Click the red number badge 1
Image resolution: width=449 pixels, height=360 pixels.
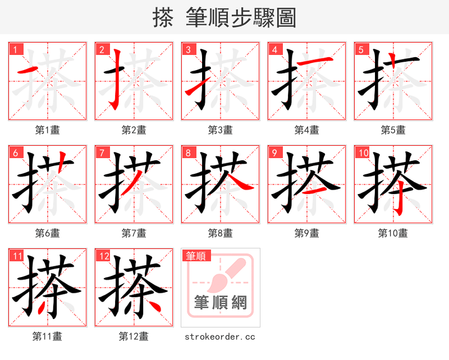pos(15,49)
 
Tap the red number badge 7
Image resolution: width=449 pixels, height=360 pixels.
pos(102,153)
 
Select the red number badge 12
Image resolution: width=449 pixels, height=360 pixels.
pos(103,256)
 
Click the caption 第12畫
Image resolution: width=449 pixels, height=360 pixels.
pos(134,336)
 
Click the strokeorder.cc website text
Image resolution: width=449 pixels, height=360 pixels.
pos(220,336)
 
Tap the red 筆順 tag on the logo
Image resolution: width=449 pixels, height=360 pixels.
pos(196,256)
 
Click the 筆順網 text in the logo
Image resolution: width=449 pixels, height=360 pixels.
pos(221,303)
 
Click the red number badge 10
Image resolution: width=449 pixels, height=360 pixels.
pos(363,153)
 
